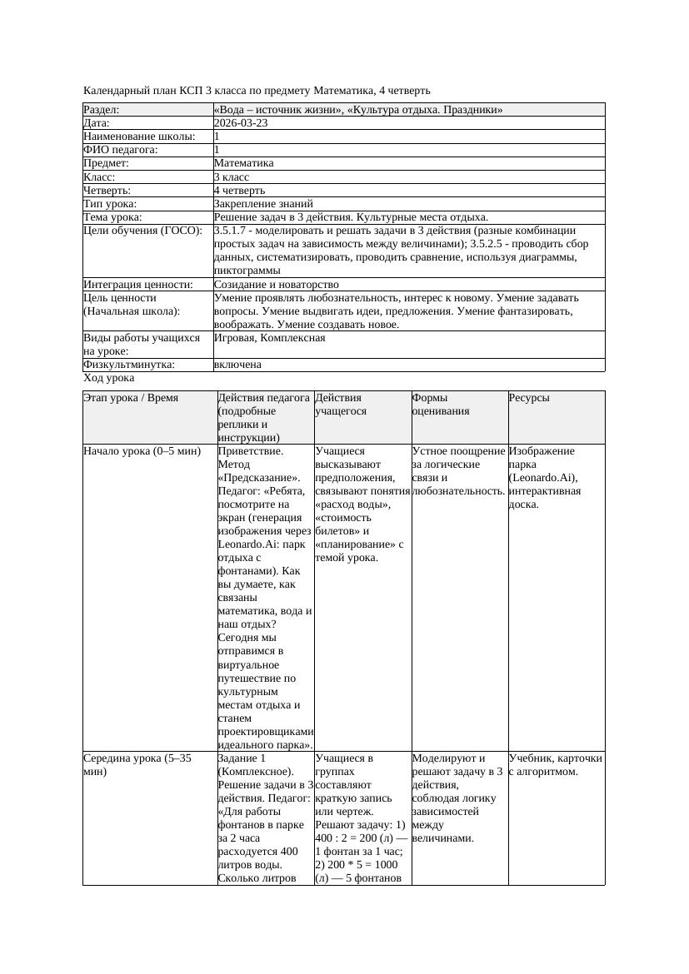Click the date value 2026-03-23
coord(241,123)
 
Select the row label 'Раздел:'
coord(102,110)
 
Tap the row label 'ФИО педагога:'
coord(121,150)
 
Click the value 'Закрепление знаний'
coord(263,203)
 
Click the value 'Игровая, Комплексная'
coord(269,338)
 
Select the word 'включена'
coord(237,365)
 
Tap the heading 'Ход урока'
coord(108,378)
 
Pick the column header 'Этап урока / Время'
coord(131,398)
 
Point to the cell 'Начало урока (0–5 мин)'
coord(142,451)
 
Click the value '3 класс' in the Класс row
coord(232,176)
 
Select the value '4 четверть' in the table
coord(239,190)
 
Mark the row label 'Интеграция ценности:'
coord(138,285)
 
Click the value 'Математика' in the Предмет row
coord(243,163)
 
